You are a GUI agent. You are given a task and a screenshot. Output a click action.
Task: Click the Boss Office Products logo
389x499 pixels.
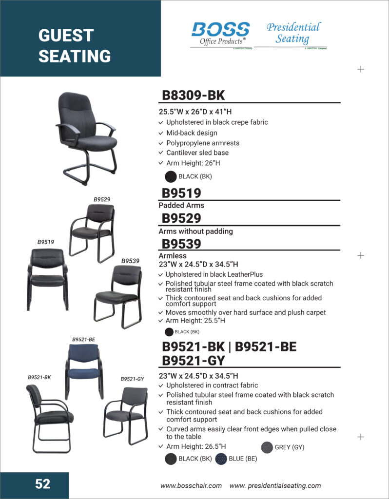220,34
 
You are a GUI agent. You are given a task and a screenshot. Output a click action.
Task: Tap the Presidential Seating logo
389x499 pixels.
293,33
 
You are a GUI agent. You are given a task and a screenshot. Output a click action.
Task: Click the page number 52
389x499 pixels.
42,483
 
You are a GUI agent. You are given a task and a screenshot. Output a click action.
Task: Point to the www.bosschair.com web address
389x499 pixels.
191,485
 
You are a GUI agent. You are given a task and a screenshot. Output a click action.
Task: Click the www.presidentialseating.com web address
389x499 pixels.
275,485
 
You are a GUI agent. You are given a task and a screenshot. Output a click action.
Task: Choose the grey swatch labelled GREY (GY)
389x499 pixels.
267,447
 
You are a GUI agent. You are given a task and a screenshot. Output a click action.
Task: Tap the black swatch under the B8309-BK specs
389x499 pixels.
171,176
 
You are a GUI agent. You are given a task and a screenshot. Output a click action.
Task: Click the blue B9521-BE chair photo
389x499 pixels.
83,370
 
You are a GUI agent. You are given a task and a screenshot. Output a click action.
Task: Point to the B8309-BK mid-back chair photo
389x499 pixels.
87,137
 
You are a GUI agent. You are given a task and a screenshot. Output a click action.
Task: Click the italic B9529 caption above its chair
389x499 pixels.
102,199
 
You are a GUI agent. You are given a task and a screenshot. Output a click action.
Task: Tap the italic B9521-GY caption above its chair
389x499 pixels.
133,379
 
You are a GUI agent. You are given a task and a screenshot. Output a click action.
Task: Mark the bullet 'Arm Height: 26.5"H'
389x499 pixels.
196,446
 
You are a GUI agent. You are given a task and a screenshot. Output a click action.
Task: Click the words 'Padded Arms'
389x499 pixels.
181,206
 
